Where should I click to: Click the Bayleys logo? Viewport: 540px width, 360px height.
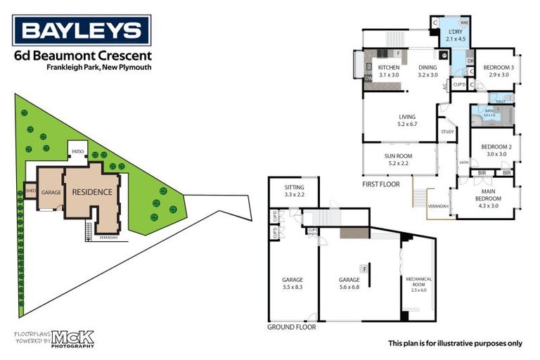click(82, 31)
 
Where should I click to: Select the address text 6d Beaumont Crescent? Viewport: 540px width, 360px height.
click(82, 56)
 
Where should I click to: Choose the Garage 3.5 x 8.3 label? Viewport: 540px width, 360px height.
click(292, 283)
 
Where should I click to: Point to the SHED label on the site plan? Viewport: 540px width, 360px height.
click(30, 191)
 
